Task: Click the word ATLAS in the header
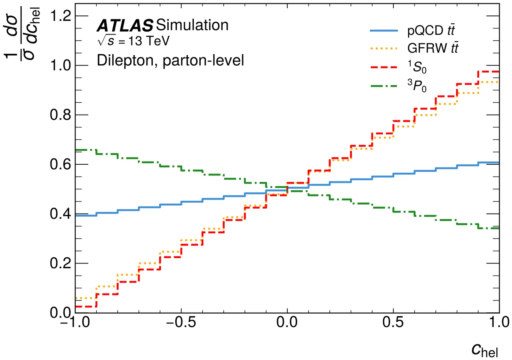tap(125, 26)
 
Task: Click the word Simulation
tap(192, 25)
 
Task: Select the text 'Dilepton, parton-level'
tap(170, 60)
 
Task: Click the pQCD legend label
tap(431, 30)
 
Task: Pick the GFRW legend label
tap(433, 48)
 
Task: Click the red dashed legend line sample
tap(384, 67)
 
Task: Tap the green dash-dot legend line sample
tap(384, 86)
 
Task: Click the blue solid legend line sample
tap(384, 31)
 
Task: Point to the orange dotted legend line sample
tap(384, 49)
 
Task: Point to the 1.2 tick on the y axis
tap(61, 16)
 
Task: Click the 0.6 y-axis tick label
tap(61, 164)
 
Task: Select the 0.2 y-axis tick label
tap(61, 263)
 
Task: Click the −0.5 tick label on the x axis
tap(181, 322)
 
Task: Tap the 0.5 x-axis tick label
tap(393, 322)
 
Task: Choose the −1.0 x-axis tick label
tap(75, 322)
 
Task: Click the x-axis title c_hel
tap(484, 350)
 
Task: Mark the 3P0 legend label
tap(417, 86)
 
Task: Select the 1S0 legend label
tap(417, 67)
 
